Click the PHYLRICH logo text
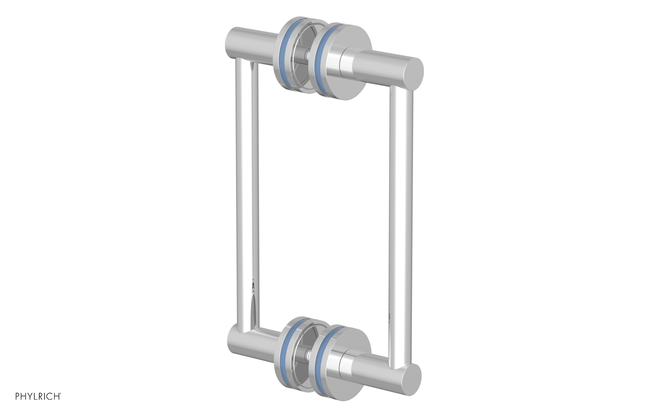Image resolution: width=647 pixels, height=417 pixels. coord(38,396)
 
